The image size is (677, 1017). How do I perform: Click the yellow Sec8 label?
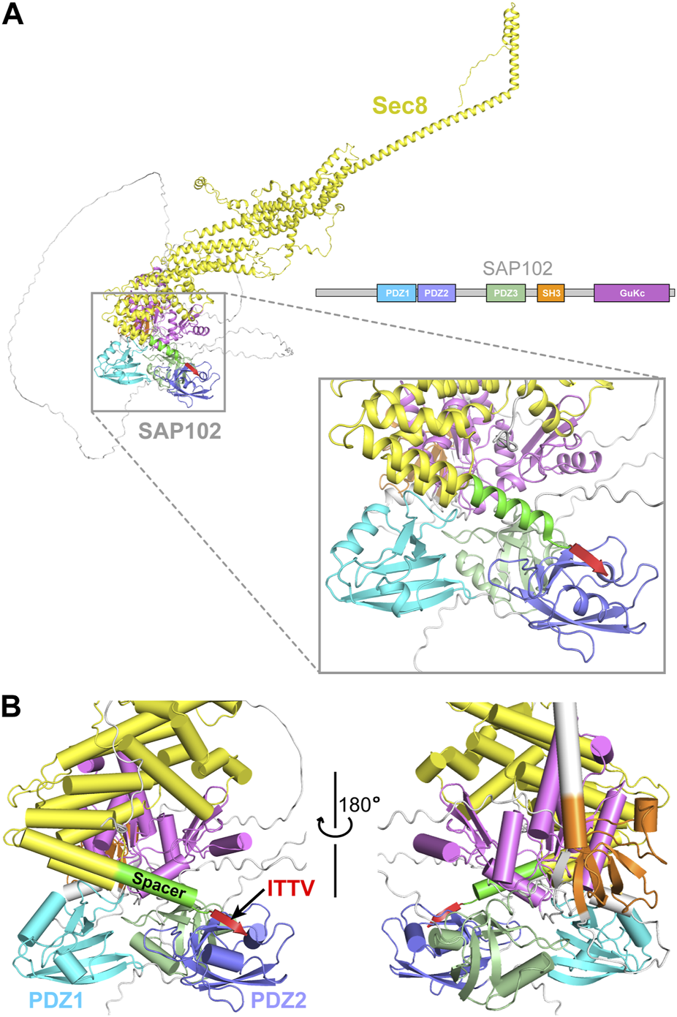399,105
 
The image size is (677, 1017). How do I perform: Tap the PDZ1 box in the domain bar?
397,293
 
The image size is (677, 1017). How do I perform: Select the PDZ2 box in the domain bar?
436,293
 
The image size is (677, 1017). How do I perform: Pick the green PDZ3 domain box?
506,293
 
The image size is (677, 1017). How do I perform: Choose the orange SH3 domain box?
551,293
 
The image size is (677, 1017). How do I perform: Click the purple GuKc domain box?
632,293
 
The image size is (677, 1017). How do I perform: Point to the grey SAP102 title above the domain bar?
517,269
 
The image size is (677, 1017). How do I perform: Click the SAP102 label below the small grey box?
180,431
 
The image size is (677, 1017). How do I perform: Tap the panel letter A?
13,15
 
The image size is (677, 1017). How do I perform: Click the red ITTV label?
291,889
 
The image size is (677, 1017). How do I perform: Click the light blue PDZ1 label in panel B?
56,999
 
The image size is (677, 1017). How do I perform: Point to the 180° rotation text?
360,805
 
